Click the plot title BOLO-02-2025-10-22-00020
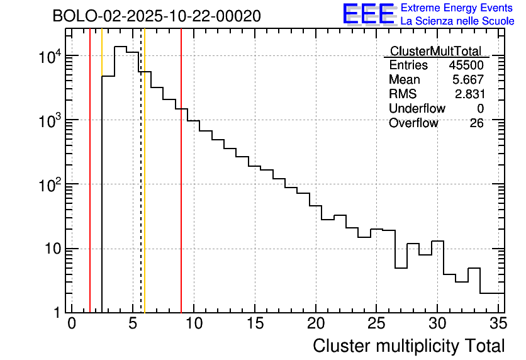(157, 16)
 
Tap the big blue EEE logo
(368, 14)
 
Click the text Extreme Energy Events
(457, 8)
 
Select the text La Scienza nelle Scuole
(457, 21)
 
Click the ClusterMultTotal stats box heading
(435, 51)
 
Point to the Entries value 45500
(466, 65)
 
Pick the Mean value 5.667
(469, 80)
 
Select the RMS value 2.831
(469, 94)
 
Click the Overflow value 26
(476, 123)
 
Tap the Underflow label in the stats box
(417, 109)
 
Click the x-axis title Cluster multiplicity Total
(408, 346)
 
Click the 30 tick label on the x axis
(437, 323)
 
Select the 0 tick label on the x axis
(72, 323)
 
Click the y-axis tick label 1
(56, 312)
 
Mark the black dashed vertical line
(140, 189)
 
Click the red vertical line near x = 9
(181, 189)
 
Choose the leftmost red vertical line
(90, 189)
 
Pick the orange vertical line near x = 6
(145, 189)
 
